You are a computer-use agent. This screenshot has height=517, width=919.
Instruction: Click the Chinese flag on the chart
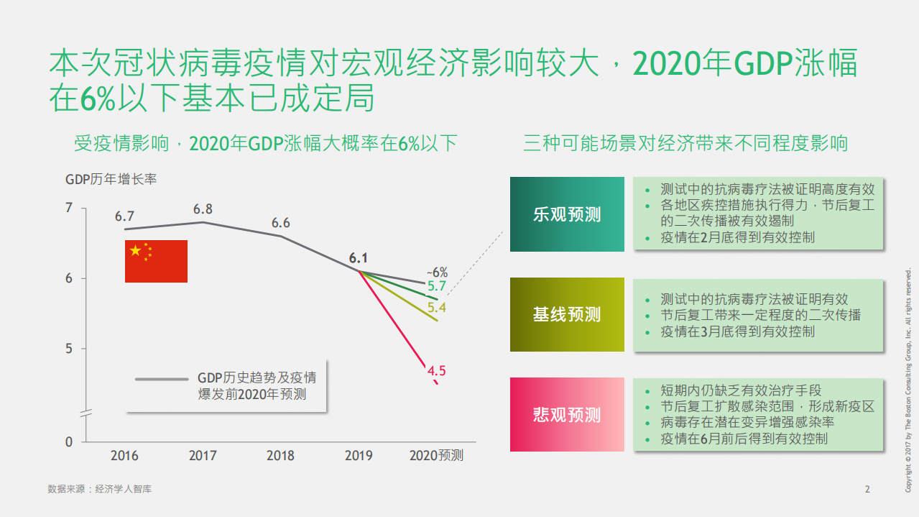pyautogui.click(x=156, y=261)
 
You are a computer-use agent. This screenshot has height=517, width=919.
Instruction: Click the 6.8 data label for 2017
pyautogui.click(x=203, y=209)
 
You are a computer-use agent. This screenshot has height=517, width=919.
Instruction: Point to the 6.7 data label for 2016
pyautogui.click(x=124, y=216)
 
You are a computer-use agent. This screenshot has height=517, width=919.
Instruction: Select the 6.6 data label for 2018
pyautogui.click(x=280, y=223)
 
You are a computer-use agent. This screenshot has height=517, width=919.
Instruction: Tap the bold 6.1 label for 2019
pyautogui.click(x=359, y=258)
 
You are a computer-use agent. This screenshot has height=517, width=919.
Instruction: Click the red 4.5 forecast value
pyautogui.click(x=437, y=371)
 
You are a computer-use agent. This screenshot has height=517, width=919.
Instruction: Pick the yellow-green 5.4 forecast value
pyautogui.click(x=437, y=308)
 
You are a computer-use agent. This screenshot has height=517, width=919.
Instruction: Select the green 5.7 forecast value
pyautogui.click(x=437, y=286)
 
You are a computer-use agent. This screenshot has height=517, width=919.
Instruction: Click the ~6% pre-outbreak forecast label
pyautogui.click(x=436, y=273)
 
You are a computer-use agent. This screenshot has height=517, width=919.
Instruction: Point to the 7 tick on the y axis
pyautogui.click(x=69, y=209)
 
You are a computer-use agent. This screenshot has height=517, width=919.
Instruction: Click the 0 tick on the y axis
pyautogui.click(x=69, y=441)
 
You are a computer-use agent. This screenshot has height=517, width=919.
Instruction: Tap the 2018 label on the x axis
pyautogui.click(x=280, y=456)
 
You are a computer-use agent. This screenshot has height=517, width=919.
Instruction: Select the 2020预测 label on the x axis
pyautogui.click(x=436, y=456)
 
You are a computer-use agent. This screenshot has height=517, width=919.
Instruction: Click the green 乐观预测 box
pyautogui.click(x=567, y=214)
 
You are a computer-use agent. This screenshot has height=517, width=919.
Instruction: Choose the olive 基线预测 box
pyautogui.click(x=567, y=314)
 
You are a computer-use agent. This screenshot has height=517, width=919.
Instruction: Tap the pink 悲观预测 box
pyautogui.click(x=567, y=414)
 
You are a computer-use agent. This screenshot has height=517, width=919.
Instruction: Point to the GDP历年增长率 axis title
pyautogui.click(x=111, y=179)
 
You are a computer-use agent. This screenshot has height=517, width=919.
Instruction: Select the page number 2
pyautogui.click(x=867, y=490)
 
